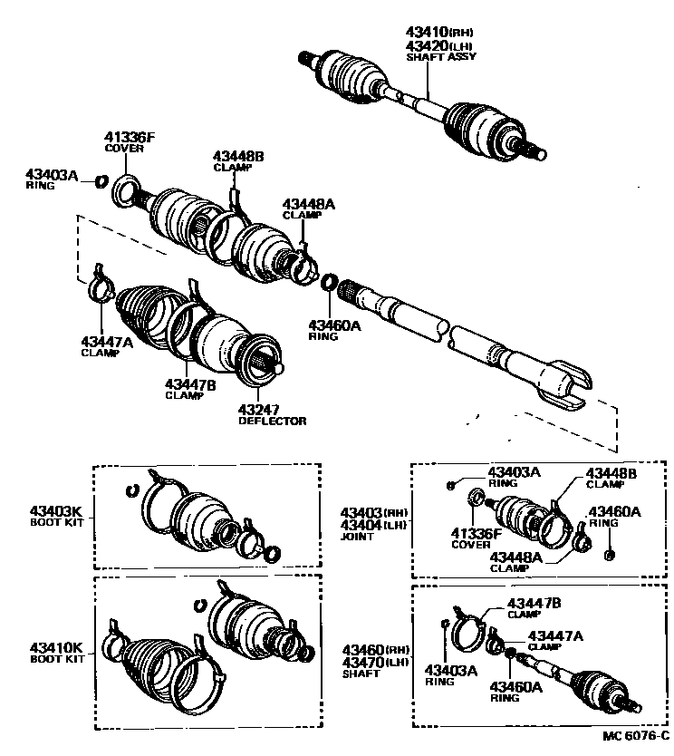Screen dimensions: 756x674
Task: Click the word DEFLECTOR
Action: [x=272, y=422]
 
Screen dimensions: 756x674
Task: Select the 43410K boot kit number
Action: [x=56, y=648]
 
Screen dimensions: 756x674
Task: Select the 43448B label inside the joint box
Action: [x=611, y=473]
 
